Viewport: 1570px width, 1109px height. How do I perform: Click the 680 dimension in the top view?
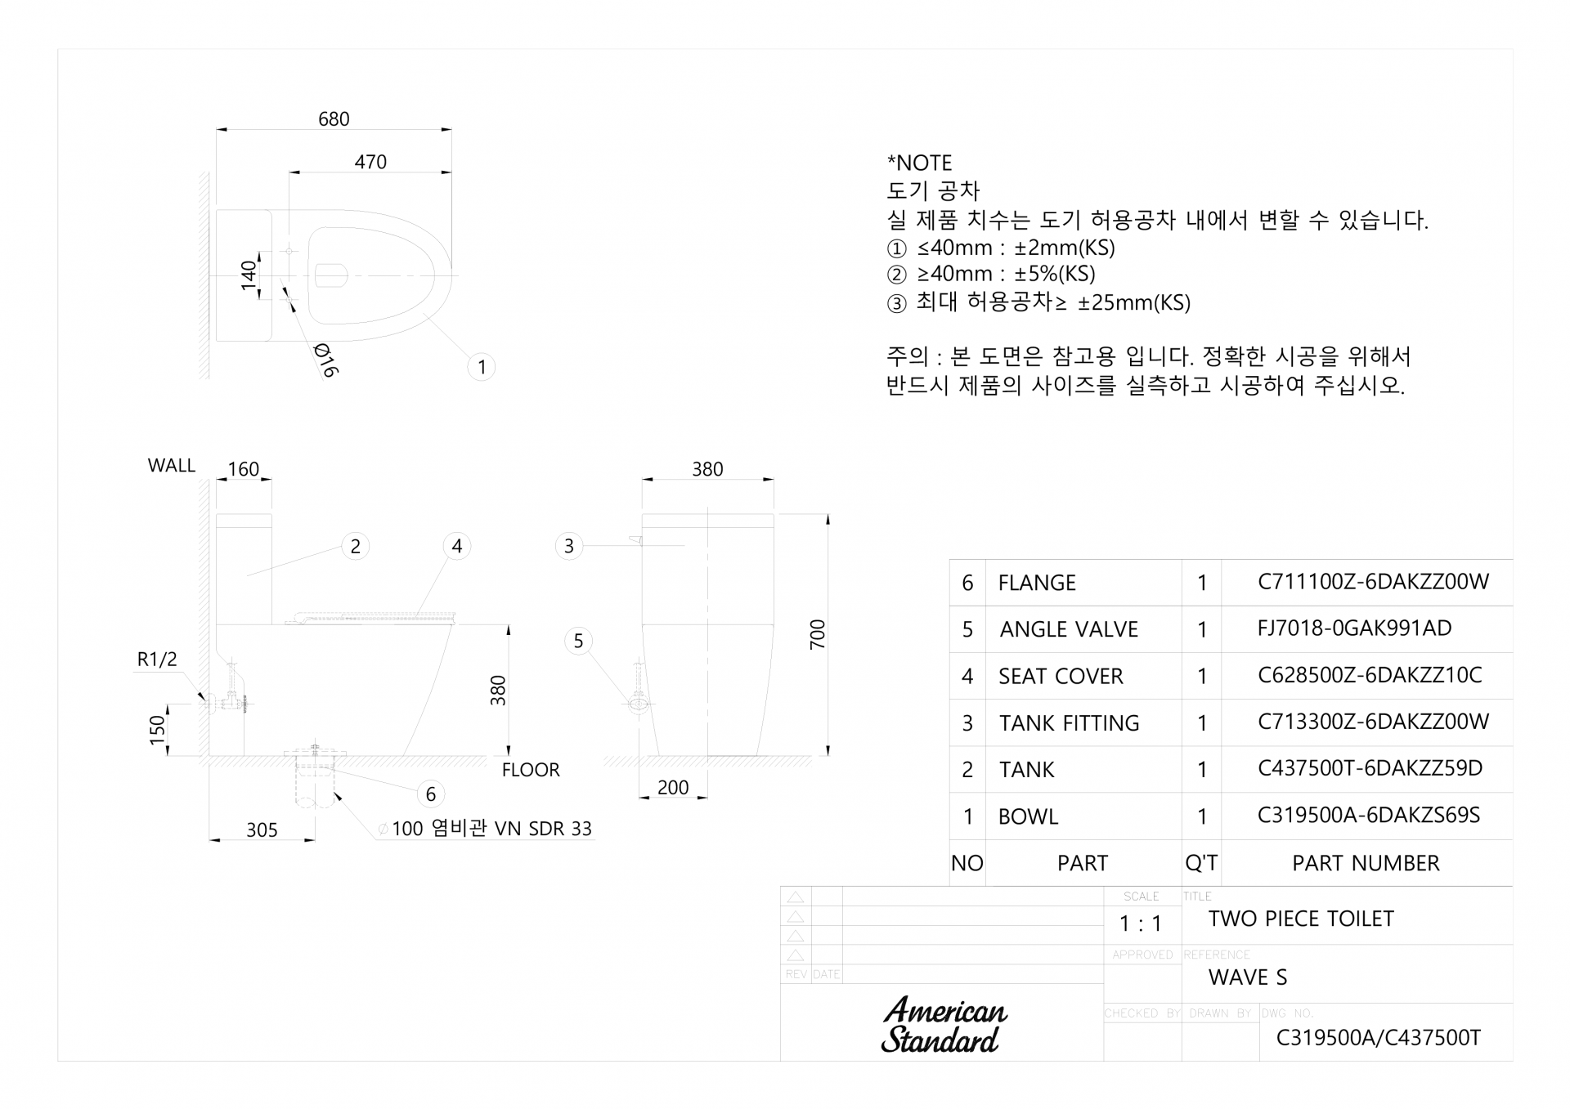334,119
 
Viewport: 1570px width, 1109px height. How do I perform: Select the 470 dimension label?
370,163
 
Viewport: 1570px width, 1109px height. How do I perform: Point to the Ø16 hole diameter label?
325,360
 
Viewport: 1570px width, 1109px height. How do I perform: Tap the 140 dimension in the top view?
249,275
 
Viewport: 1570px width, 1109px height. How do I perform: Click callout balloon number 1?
482,367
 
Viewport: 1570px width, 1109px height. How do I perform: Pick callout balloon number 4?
457,546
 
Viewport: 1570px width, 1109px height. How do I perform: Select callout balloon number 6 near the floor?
431,794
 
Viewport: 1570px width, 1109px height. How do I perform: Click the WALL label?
172,466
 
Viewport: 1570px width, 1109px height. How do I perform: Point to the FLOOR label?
531,770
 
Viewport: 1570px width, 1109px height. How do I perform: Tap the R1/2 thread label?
157,660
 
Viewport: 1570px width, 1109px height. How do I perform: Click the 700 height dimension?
818,635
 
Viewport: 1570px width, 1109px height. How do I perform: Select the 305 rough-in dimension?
262,830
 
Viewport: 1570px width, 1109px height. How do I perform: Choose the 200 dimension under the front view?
673,788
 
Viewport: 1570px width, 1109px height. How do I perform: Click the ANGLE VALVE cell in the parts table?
1069,629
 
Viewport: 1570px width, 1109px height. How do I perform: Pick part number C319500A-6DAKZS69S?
1369,816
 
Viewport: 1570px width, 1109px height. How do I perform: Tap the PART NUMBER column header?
1366,863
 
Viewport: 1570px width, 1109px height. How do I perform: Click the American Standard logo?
944,1025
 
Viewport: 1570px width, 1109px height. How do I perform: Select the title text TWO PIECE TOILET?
1301,919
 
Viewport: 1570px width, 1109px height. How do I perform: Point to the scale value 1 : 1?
1141,924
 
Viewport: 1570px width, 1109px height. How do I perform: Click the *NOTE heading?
920,163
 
